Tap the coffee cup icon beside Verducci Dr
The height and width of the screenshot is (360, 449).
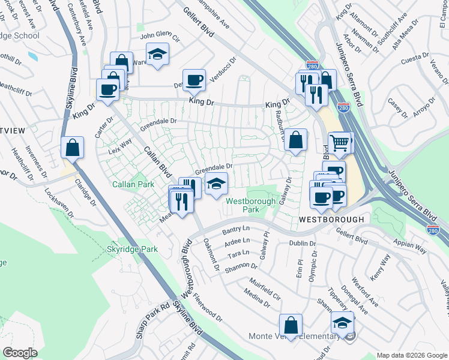pos(194,79)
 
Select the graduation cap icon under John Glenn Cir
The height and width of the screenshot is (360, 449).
pos(158,55)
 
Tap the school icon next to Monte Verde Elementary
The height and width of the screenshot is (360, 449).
pos(343,323)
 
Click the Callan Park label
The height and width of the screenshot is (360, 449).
pos(130,184)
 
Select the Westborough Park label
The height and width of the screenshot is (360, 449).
pos(250,205)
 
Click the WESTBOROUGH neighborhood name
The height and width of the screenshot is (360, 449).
pos(331,220)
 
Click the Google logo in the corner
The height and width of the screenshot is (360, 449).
pos(20,352)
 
